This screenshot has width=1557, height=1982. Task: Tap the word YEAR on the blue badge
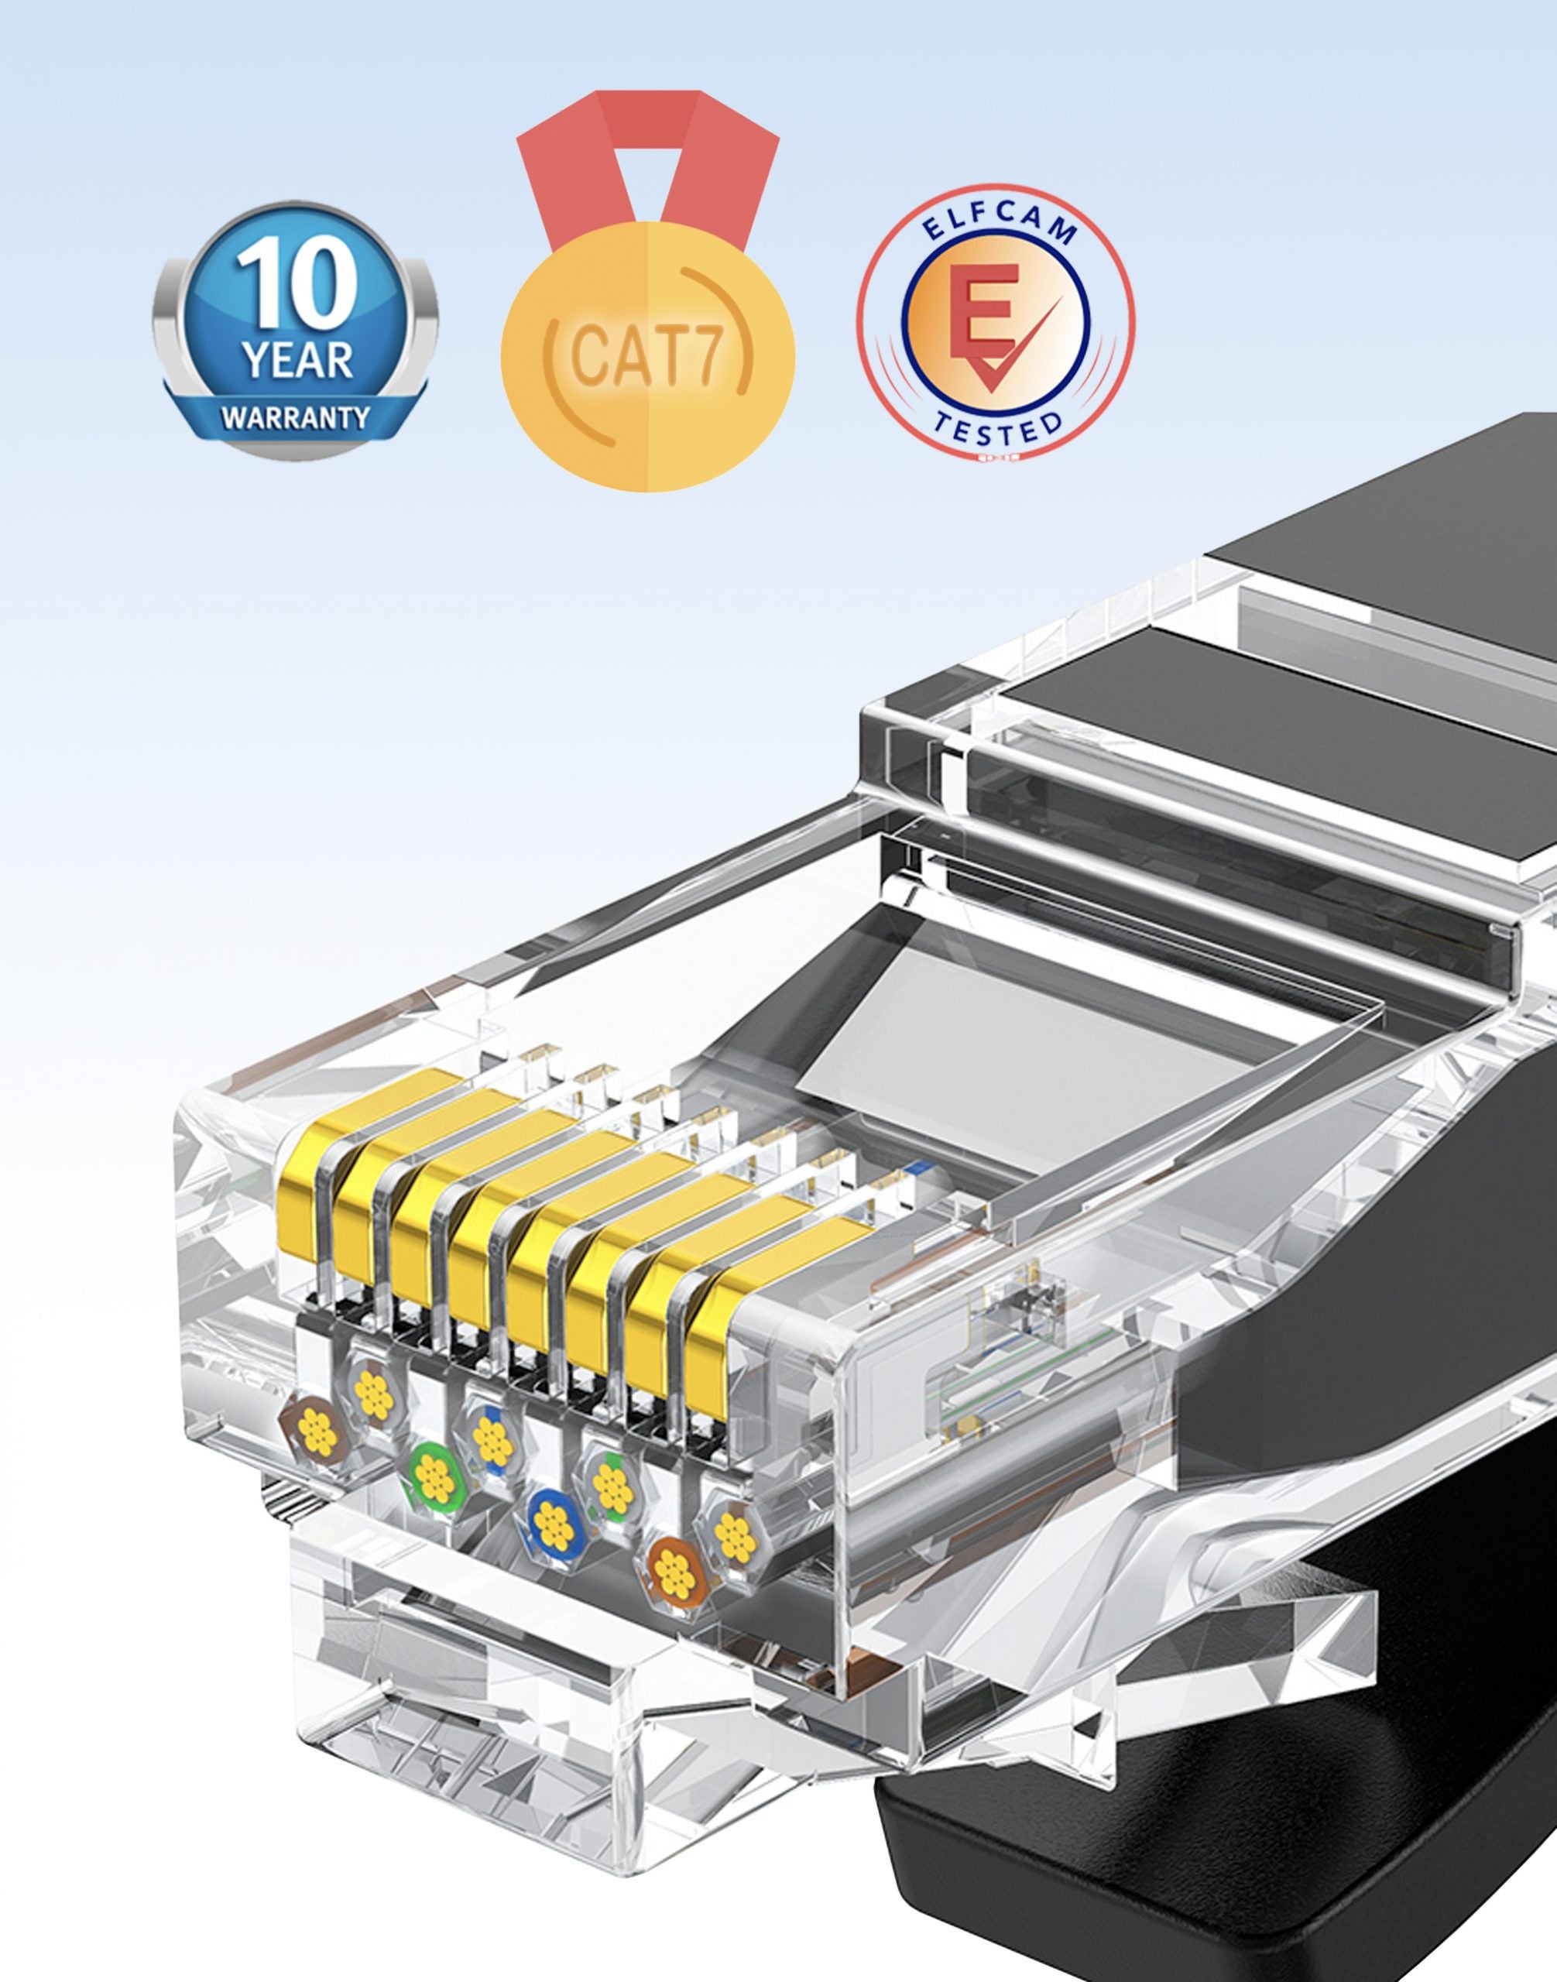point(297,359)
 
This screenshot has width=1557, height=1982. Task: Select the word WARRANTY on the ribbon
point(297,418)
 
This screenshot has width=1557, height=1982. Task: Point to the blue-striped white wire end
point(492,1438)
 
